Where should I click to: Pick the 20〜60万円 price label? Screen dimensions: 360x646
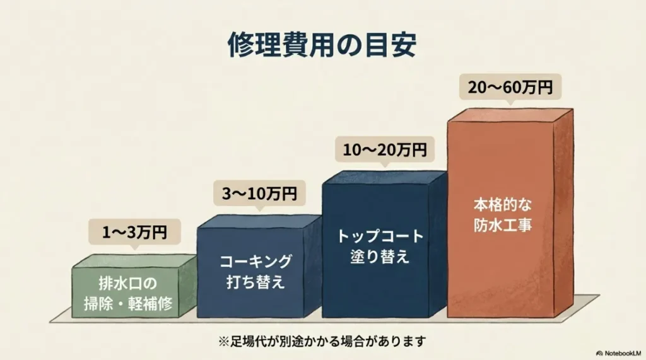510,87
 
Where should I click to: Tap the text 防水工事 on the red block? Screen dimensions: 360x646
503,225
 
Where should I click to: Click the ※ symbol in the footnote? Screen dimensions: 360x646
222,341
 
